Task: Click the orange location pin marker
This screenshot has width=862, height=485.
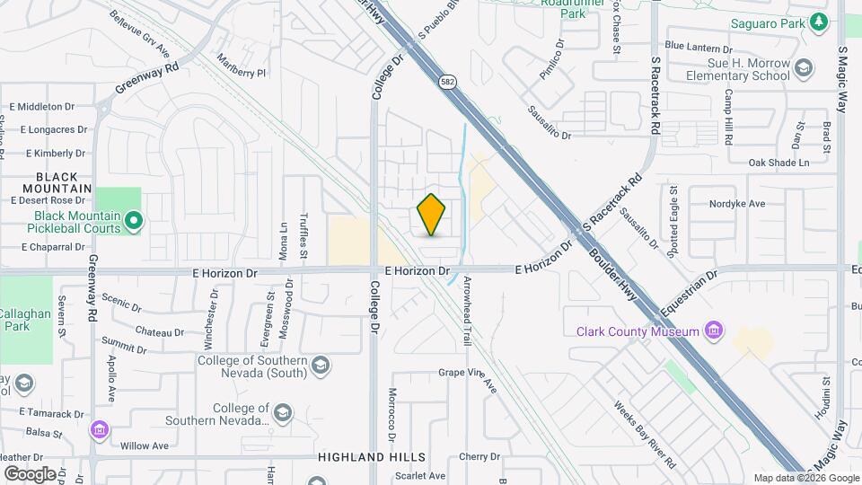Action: point(432,215)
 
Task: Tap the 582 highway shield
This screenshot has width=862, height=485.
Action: point(446,82)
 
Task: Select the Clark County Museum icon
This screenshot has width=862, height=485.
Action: point(714,331)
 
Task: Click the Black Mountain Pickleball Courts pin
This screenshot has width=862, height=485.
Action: point(134,220)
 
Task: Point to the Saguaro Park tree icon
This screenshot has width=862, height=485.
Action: point(818,22)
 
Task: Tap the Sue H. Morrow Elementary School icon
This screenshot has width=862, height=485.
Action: point(804,68)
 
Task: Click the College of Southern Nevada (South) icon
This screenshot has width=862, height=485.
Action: point(321,366)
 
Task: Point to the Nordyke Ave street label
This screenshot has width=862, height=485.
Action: point(736,204)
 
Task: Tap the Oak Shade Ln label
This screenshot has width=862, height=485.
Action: point(778,163)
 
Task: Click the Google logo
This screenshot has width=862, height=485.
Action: point(30,473)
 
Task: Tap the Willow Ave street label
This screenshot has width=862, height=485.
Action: point(145,445)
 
